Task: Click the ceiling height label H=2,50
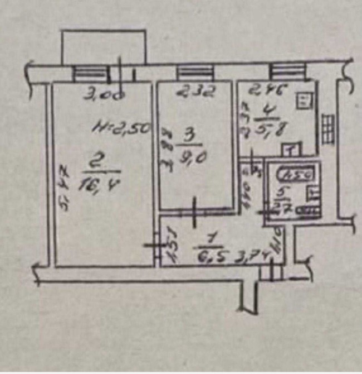122,128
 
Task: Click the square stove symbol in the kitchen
305,101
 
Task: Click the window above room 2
92,73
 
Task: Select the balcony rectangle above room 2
104,46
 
